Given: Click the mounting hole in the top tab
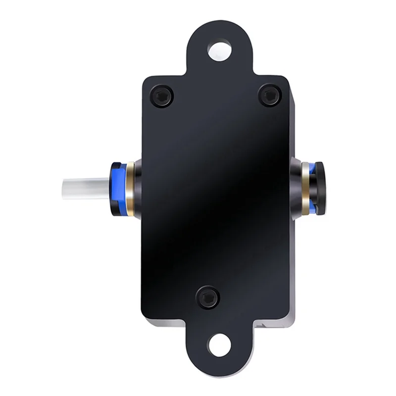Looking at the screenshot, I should click(x=219, y=49).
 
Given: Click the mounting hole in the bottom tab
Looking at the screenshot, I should click(x=219, y=345).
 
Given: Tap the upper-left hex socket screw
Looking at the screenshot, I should click(x=162, y=96).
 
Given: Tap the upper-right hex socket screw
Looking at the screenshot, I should click(x=270, y=95).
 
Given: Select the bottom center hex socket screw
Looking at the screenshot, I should click(x=208, y=297).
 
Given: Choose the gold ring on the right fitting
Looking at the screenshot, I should click(x=306, y=188).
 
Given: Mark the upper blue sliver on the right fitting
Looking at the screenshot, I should click(x=312, y=169).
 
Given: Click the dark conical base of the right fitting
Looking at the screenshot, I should click(x=296, y=188).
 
